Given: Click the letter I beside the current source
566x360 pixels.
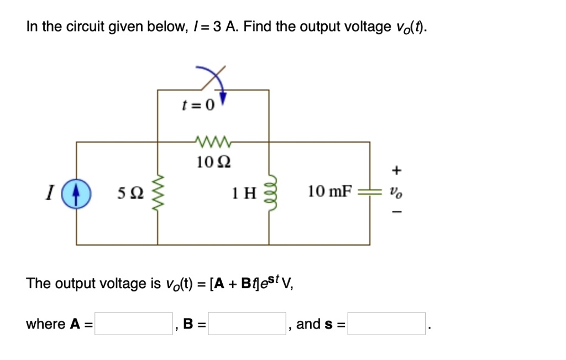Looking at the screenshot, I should point(50,193).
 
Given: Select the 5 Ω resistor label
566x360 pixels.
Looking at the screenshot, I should point(130,193).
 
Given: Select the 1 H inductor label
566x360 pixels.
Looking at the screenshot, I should point(244,193).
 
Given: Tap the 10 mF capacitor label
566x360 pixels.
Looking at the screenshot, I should point(330,192).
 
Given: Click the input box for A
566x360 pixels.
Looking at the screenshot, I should point(133,324).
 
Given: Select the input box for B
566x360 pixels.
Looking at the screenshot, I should point(247,324).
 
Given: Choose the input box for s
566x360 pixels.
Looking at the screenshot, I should point(386,324).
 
